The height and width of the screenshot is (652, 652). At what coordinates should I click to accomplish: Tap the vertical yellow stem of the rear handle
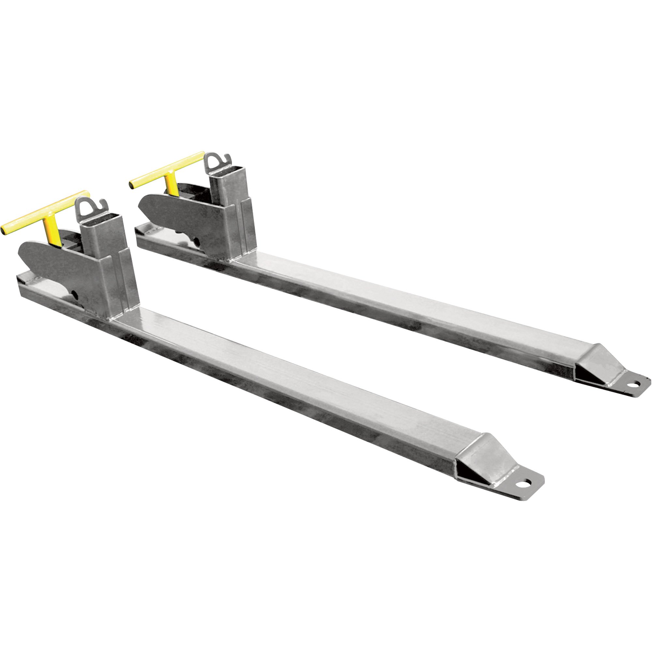[x=172, y=184]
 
